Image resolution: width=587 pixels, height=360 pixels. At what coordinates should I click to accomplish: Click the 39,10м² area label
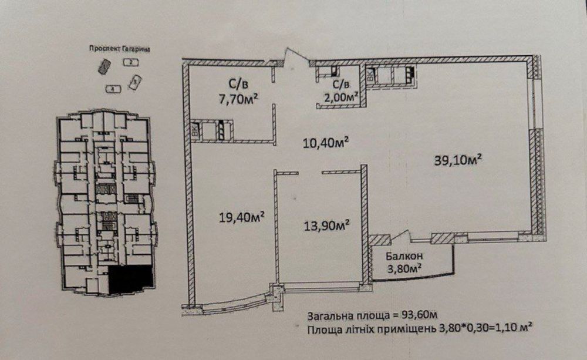pos(458,159)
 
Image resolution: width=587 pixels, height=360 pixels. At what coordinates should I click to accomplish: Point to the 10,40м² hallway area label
pos(327,142)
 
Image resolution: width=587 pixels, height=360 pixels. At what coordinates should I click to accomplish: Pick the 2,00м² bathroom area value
pos(340,97)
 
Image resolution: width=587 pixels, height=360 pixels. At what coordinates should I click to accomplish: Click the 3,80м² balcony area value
pos(406,270)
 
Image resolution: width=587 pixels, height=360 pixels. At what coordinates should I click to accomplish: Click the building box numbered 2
pos(130,62)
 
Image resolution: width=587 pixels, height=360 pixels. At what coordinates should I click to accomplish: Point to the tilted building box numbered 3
pos(135,82)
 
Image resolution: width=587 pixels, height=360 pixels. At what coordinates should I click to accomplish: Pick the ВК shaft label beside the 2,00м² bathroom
pos(370,75)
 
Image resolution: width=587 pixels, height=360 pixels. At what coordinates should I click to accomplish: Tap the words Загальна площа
pos(341,314)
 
